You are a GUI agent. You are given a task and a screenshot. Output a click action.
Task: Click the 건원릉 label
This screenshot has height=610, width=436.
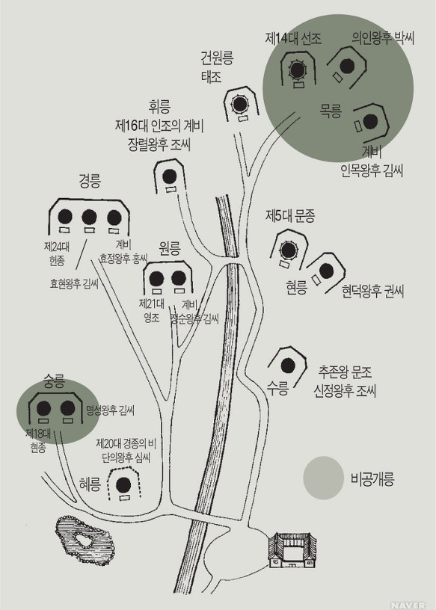pos(217,58)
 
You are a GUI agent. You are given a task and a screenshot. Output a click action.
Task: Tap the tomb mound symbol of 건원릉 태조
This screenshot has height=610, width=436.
pos(240,104)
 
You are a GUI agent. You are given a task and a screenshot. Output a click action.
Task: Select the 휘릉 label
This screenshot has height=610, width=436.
pos(159,107)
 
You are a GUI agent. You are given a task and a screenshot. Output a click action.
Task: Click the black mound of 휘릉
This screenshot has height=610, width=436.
pos(169,176)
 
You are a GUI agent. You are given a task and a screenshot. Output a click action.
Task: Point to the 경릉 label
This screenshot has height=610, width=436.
pos(90,182)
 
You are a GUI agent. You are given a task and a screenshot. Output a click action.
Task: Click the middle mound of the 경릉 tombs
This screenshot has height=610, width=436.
pos(89,217)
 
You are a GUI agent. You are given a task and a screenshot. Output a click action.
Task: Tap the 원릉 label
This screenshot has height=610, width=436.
pos(170,248)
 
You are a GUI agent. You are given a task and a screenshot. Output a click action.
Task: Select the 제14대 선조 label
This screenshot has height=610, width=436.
pos(293,39)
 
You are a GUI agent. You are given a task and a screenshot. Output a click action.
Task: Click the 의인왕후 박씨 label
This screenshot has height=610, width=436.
pos(383,38)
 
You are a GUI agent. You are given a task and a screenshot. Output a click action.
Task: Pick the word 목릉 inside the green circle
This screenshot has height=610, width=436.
pos(331,111)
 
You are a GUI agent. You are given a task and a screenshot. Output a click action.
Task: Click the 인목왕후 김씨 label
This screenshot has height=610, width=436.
pos(372,170)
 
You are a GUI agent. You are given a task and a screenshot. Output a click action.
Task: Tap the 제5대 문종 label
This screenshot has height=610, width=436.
pos(290,216)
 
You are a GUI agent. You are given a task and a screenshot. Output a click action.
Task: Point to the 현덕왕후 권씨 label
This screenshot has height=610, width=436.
pos(373,291)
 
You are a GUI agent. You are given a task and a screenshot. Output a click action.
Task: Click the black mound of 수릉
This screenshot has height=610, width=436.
pos(288,366)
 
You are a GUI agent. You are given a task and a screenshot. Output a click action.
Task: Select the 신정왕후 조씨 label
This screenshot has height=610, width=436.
pos(346,391)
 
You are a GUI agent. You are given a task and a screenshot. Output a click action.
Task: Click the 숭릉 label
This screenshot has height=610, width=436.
pos(54,383)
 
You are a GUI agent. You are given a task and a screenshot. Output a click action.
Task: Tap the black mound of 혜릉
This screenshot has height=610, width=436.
pos(124,484)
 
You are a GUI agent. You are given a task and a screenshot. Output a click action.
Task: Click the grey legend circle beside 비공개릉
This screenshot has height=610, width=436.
pos(323,478)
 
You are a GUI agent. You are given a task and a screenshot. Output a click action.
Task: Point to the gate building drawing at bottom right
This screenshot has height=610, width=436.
pos(292,550)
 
